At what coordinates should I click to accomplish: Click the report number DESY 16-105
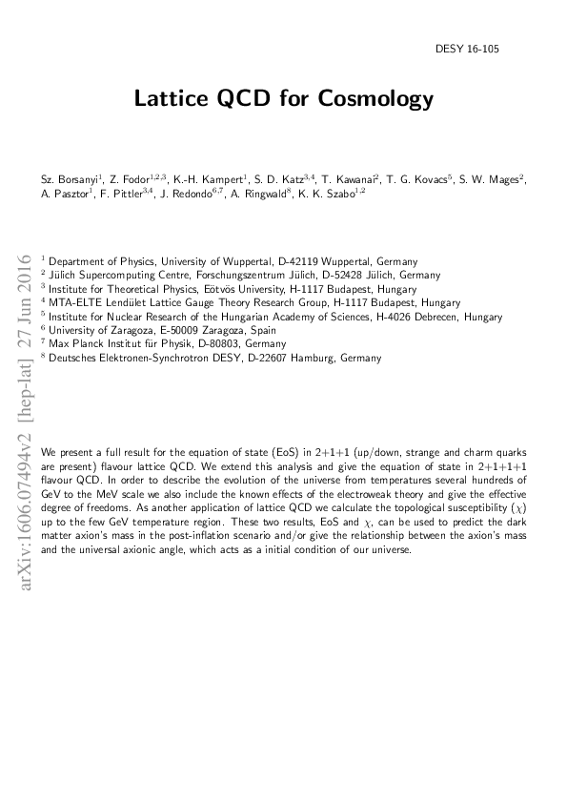click(x=500, y=48)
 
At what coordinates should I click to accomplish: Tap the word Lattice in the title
click(x=167, y=98)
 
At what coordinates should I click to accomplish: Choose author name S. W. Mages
click(x=497, y=178)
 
